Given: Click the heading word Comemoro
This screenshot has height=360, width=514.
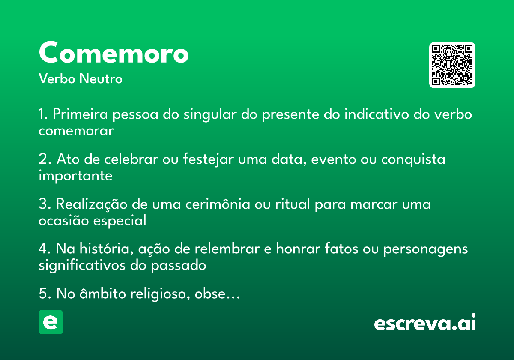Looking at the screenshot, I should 114,53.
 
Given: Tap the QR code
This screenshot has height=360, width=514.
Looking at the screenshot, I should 452,65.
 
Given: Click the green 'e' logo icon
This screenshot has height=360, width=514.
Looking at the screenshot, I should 51,322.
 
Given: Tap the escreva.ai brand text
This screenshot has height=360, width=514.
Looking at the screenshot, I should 425,324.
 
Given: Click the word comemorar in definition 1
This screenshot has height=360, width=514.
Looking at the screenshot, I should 76,131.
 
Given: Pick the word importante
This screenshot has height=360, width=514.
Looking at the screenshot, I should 75,176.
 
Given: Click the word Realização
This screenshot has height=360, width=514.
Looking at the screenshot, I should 92,204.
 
